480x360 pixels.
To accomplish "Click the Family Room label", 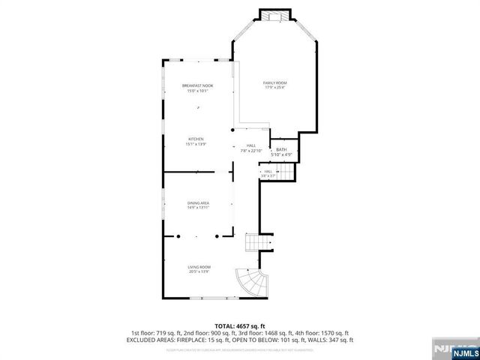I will (274, 82).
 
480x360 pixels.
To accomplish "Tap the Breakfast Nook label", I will (198, 86).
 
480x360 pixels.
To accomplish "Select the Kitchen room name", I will (196, 139).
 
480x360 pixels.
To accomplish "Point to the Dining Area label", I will (198, 203).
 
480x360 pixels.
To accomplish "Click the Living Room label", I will (199, 267).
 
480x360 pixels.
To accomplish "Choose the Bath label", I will (281, 150).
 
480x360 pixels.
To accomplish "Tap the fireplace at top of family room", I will (274, 16).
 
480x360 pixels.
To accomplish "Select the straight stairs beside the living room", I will (257, 243).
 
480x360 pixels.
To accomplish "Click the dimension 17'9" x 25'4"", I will (274, 88).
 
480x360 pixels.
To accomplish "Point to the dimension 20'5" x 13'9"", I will (199, 271).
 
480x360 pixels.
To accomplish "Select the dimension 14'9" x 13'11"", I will (198, 208).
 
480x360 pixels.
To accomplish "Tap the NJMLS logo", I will (454, 349).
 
